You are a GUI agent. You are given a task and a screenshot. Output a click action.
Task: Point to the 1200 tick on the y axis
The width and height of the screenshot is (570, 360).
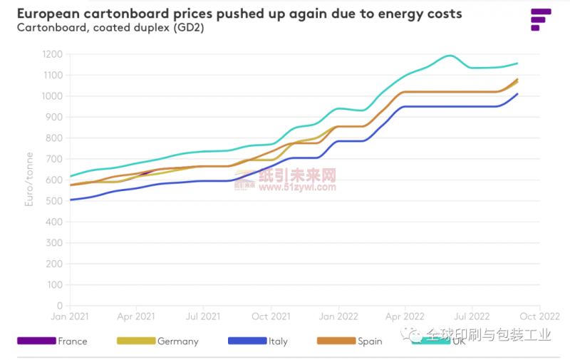52,54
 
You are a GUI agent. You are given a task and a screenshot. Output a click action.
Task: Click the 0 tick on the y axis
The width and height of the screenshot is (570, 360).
60,306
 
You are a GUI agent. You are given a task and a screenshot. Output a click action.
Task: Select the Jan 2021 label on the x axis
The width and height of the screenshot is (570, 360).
70,315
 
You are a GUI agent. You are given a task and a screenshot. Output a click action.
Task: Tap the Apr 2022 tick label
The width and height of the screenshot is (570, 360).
405,315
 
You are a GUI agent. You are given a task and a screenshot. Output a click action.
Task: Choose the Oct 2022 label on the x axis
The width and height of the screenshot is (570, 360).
539,315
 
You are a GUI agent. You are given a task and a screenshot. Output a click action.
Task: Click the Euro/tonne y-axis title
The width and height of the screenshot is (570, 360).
30,185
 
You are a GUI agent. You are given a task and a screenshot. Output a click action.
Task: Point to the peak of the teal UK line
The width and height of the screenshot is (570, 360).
450,56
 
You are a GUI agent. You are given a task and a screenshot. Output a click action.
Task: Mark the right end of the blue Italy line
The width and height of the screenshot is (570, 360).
517,93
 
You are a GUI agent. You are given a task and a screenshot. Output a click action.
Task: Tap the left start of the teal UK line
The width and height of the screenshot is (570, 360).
71,176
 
